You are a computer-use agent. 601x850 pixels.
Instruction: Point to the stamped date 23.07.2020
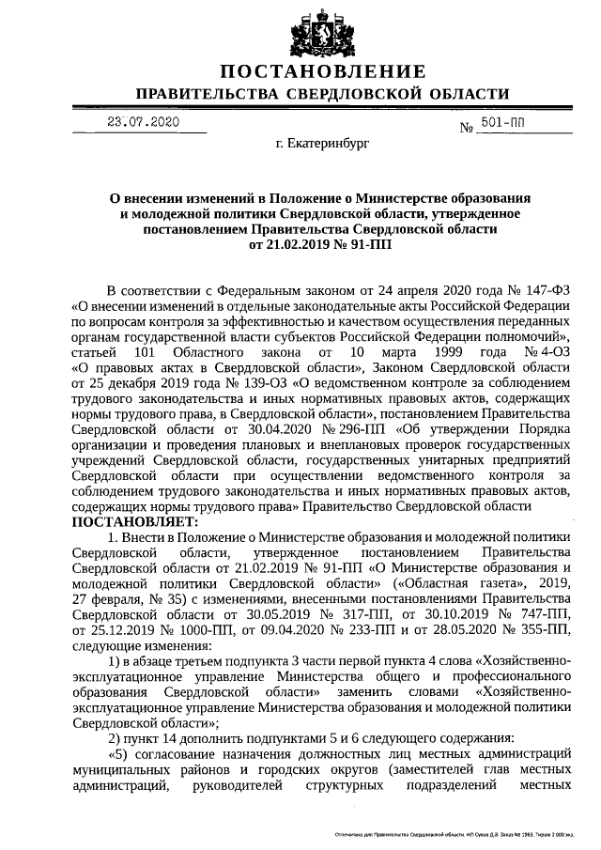pos(143,122)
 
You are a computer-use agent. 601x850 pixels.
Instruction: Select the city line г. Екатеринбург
pos(323,147)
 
